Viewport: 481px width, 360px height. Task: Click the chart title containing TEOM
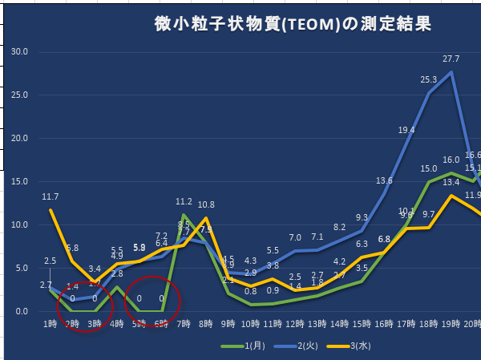tap(293, 25)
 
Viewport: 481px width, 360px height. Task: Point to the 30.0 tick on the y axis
tap(17, 52)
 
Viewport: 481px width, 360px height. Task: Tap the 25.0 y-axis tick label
tap(17, 95)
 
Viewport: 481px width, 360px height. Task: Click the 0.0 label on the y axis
tap(19, 312)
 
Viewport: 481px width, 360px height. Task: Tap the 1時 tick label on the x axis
tap(50, 324)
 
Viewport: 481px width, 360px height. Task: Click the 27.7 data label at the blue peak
tap(451, 59)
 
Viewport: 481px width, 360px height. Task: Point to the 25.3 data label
tap(428, 79)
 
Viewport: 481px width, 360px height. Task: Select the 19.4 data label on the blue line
tap(406, 130)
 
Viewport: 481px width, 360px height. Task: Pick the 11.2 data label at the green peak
tap(184, 202)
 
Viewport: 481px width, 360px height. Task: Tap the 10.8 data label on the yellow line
tap(206, 204)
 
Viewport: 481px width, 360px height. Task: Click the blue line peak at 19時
tap(452, 72)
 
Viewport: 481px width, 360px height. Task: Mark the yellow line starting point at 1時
tap(50, 210)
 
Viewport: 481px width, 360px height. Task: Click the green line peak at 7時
tap(184, 215)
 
